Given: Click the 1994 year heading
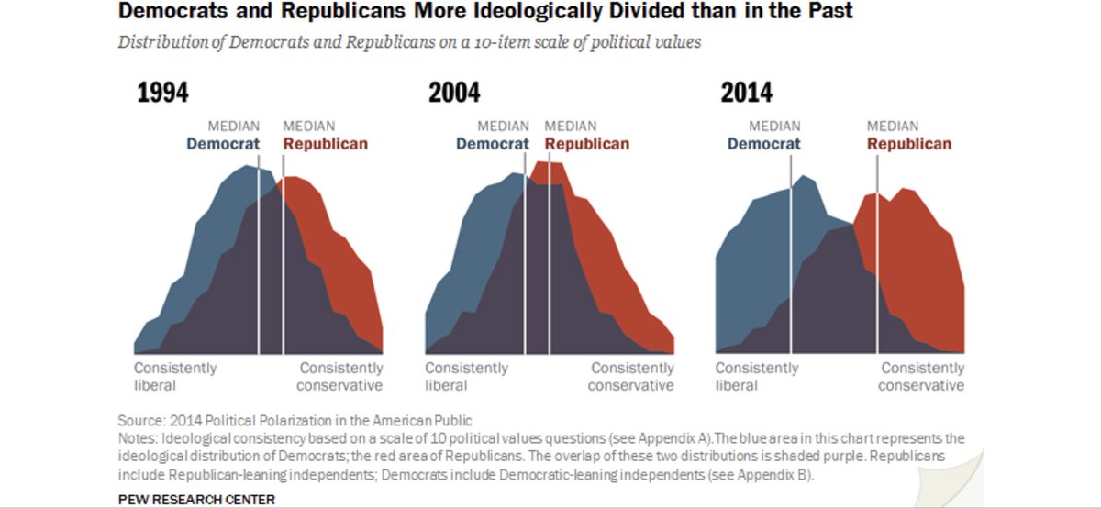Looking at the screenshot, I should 162,93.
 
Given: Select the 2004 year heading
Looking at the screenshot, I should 454,93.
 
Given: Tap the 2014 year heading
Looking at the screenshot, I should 746,93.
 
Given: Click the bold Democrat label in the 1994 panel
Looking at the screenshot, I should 223,144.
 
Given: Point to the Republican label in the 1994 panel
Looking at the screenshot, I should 325,144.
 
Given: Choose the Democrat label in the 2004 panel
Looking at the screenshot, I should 492,144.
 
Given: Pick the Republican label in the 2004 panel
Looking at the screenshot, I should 587,144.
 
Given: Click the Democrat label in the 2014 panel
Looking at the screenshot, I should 763,144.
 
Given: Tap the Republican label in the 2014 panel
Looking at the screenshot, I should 908,144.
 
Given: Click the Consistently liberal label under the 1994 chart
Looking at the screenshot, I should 175,376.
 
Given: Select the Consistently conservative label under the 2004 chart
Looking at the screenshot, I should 631,376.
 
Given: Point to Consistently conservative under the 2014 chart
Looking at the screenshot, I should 922,376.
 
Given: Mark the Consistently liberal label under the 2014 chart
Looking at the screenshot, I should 757,376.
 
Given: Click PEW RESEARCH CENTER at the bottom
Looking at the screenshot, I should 196,500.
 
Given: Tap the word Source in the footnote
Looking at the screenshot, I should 140,421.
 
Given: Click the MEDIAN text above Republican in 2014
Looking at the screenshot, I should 893,126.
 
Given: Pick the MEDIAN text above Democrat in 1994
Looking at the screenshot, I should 233,126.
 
